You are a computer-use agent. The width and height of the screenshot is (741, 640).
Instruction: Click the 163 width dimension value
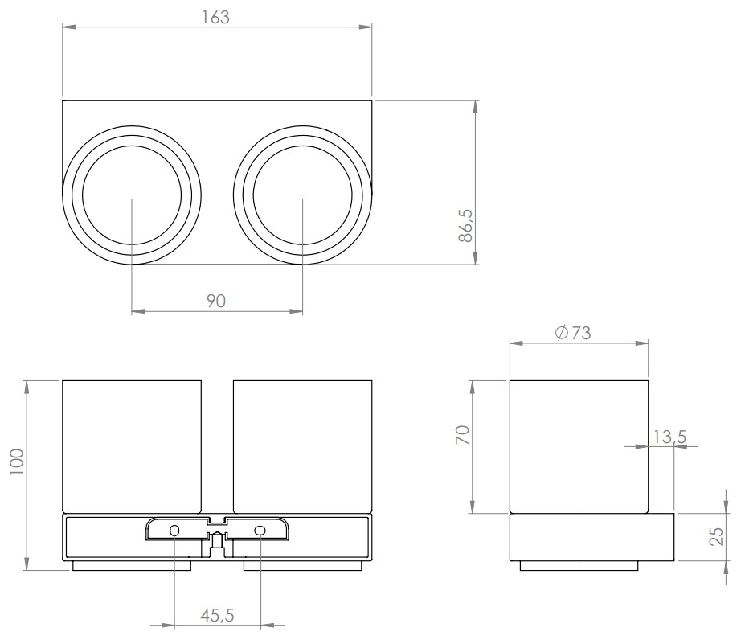216,17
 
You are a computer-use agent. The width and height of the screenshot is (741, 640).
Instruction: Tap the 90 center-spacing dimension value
216,300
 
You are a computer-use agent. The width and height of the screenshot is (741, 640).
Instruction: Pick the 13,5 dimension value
669,437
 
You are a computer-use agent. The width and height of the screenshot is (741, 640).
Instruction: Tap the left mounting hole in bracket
174,531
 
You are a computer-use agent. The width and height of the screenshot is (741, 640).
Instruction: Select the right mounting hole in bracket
260,531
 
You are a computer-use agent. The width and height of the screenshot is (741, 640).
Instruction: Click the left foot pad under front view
132,566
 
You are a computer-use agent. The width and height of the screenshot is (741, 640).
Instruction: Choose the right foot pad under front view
302,566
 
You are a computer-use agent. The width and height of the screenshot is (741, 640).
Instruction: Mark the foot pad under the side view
579,566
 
